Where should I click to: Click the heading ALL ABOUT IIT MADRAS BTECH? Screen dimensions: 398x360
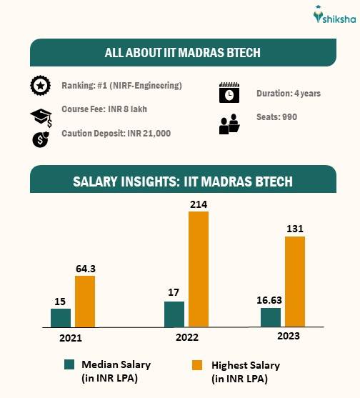coord(182,53)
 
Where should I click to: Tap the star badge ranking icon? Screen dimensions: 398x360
coord(40,86)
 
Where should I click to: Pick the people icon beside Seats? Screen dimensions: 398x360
coord(229,124)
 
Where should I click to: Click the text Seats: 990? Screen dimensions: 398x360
coord(276,117)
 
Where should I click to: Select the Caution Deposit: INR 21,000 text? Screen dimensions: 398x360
coord(116,134)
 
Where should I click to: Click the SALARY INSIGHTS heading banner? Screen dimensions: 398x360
coord(182,181)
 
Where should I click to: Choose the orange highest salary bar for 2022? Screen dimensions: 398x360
coord(199,269)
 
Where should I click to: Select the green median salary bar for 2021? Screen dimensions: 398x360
coord(61,318)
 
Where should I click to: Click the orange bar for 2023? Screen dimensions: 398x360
coord(295,282)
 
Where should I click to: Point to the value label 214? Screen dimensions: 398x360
coord(198,204)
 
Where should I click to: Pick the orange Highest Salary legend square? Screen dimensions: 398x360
coord(196,364)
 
